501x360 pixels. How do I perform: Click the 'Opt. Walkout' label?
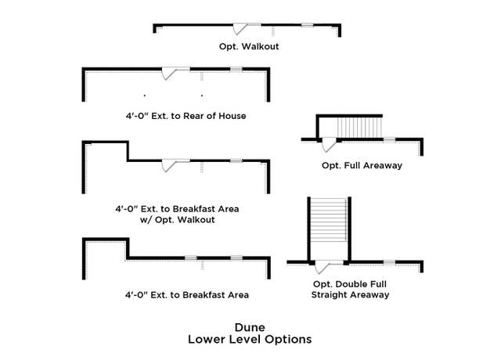[x=249, y=47]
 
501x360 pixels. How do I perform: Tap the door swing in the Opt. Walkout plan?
[x=240, y=29]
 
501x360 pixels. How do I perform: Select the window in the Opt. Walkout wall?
[x=307, y=25]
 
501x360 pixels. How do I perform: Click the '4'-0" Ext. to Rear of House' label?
[x=186, y=116]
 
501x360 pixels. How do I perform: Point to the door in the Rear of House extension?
[x=169, y=73]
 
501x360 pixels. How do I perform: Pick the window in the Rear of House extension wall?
[x=236, y=70]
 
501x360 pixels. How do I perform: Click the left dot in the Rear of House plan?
[x=145, y=95]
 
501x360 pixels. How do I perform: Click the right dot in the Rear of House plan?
[x=202, y=95]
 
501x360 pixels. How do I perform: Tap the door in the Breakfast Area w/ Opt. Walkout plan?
[x=169, y=165]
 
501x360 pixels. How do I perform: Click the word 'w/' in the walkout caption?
[x=146, y=220]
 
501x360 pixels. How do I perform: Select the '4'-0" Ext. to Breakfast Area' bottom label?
[x=187, y=295]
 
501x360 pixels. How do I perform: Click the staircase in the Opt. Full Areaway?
[x=359, y=128]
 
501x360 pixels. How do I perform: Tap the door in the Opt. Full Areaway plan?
[x=329, y=144]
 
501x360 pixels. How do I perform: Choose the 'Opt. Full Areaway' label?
[x=362, y=165]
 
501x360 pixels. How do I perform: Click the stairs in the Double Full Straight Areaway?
[x=329, y=220]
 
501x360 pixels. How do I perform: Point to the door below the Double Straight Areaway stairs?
[x=322, y=267]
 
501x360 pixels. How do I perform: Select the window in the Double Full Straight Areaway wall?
[x=389, y=263]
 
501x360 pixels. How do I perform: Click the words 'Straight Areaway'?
[x=351, y=295]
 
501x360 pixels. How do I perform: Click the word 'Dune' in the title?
[x=250, y=327]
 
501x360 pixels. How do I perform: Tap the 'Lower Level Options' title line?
[x=250, y=339]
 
